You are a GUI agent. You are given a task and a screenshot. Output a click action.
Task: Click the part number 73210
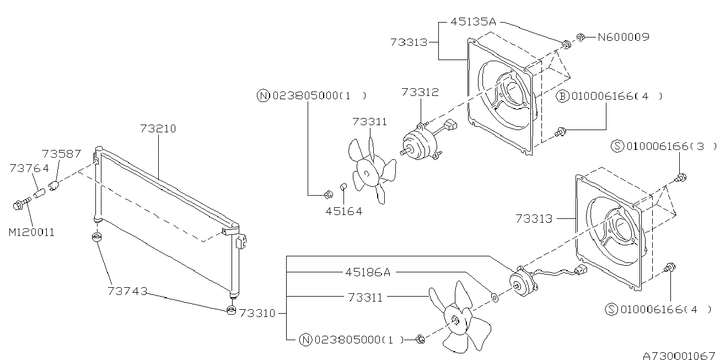[x=158, y=128]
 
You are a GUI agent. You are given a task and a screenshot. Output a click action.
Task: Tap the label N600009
[x=624, y=37]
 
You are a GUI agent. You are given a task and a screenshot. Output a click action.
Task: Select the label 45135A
[x=474, y=22]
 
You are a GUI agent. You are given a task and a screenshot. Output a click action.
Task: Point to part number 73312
[x=420, y=93]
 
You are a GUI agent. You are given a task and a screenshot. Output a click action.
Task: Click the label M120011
[x=31, y=232]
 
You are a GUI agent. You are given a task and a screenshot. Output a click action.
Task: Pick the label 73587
[x=61, y=154]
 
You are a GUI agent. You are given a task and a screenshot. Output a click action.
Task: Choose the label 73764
[x=29, y=168]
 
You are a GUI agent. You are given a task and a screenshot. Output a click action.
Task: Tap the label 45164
[x=344, y=211]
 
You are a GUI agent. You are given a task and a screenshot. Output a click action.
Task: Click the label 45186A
[x=368, y=272]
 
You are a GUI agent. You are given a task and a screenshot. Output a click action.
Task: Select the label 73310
[x=257, y=313]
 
